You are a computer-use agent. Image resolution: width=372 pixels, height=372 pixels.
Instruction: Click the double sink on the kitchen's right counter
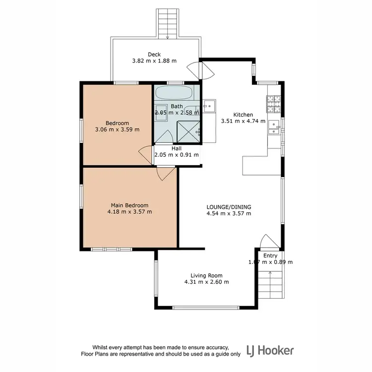pyautogui.click(x=274, y=128)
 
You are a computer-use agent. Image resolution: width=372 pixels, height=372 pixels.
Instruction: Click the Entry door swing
pyautogui.click(x=267, y=241)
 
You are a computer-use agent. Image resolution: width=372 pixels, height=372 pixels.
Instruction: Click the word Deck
pyautogui.click(x=154, y=55)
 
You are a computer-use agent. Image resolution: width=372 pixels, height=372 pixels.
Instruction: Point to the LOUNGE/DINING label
pyautogui.click(x=228, y=207)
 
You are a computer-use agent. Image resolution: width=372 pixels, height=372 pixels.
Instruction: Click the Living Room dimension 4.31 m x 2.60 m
pyautogui.click(x=206, y=282)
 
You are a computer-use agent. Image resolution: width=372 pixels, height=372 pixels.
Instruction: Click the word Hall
pyautogui.click(x=177, y=148)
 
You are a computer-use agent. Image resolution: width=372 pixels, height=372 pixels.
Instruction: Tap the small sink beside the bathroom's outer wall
pyautogui.click(x=209, y=105)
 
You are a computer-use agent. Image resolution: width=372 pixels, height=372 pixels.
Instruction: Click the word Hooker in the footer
pyautogui.click(x=279, y=351)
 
